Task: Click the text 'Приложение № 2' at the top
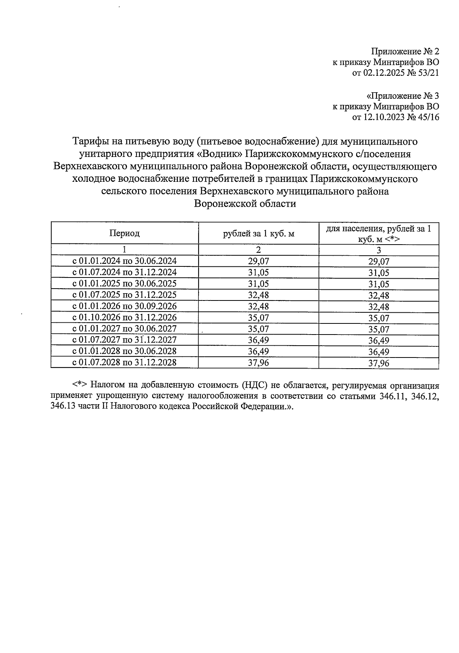(405, 51)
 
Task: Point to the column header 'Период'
(124, 233)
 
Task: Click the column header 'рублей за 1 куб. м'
(259, 233)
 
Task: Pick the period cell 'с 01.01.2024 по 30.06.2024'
(124, 261)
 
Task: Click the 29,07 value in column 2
(259, 262)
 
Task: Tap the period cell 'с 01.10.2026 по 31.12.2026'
(124, 318)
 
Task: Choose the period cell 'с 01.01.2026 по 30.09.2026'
(124, 307)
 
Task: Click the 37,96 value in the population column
(379, 363)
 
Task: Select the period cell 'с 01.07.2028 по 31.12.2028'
(124, 362)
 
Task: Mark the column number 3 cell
(379, 250)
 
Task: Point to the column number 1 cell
(124, 250)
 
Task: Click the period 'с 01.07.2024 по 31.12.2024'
(124, 273)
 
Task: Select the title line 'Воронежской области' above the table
(245, 204)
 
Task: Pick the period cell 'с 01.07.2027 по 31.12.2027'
(124, 340)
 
